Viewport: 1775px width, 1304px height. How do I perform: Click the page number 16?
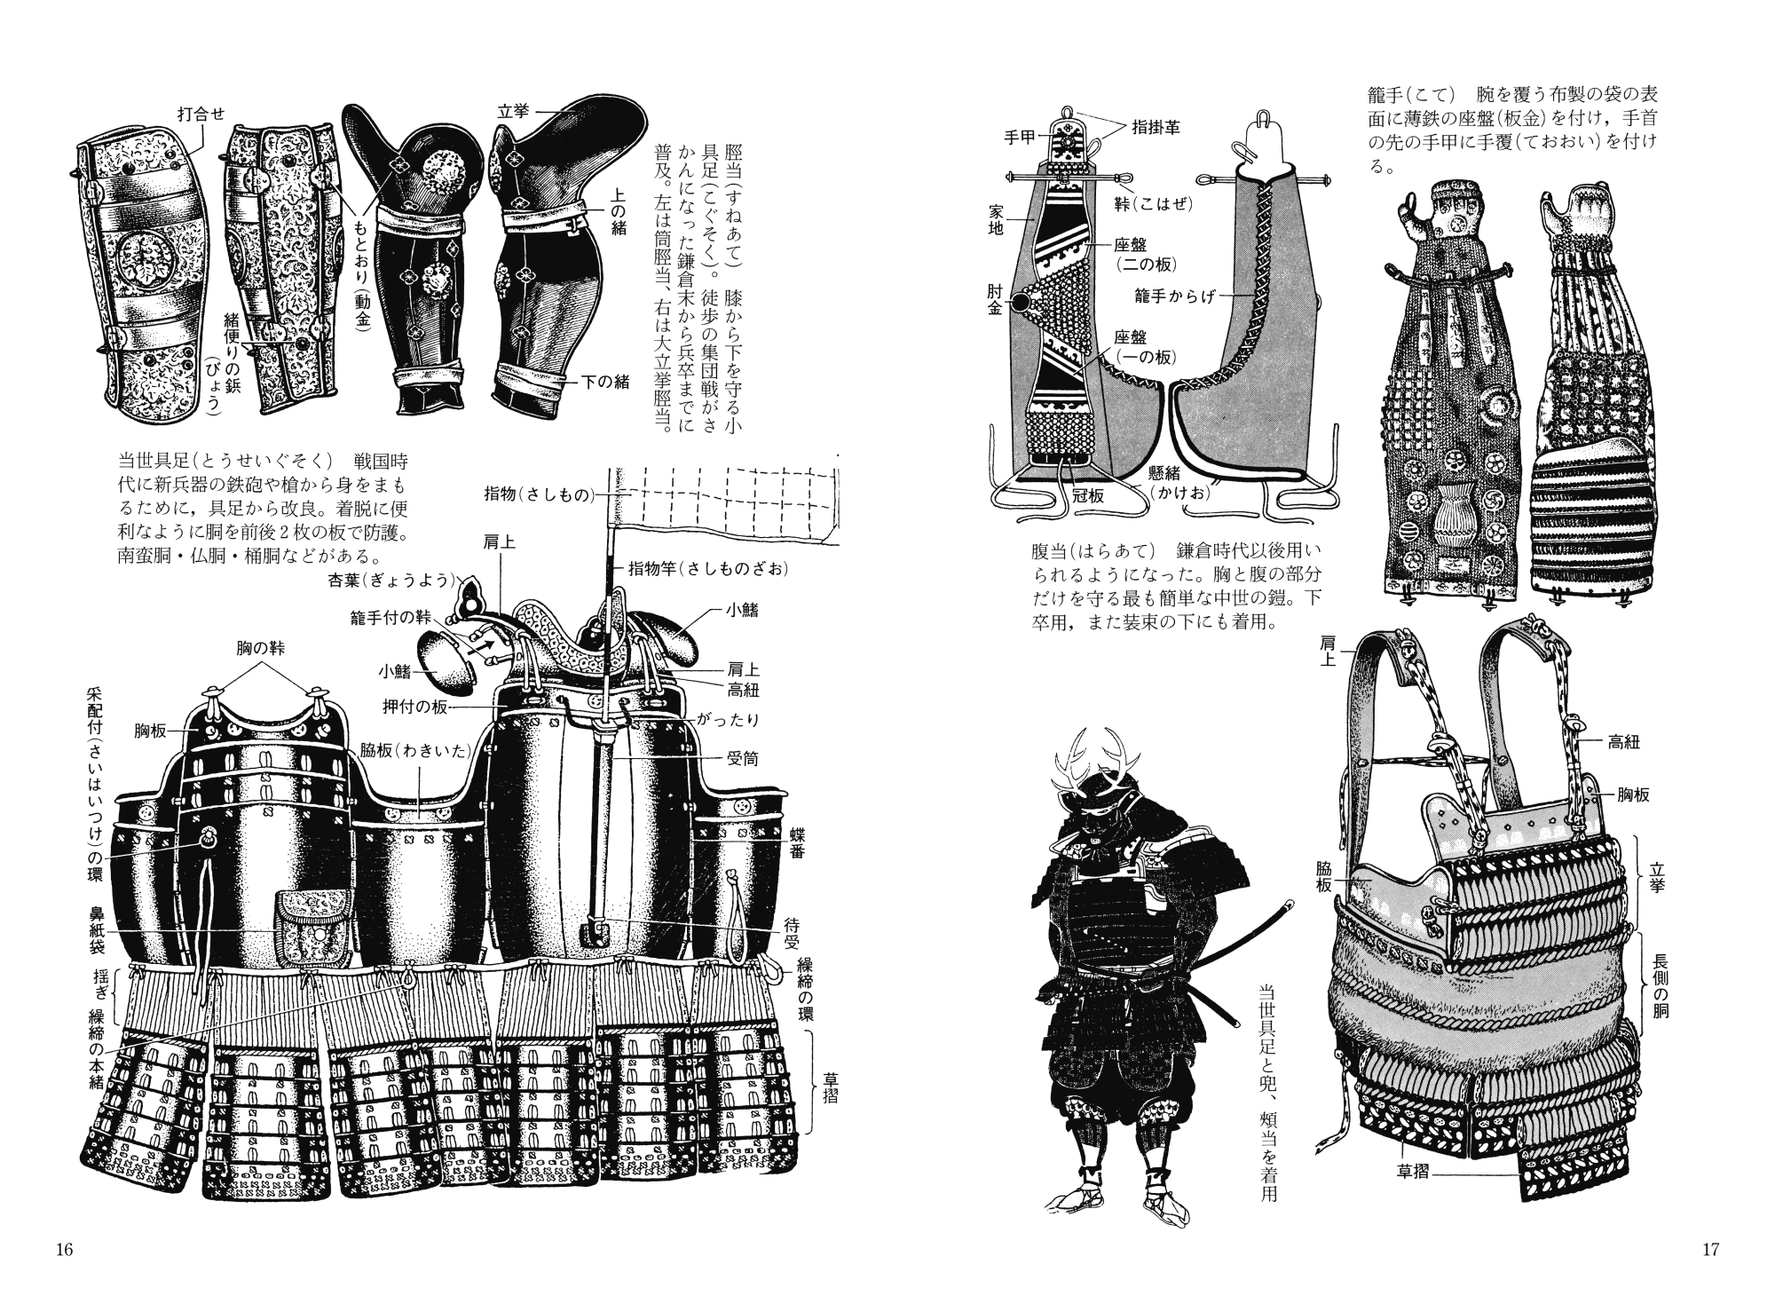tap(63, 1250)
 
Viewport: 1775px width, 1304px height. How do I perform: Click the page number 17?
tap(1711, 1250)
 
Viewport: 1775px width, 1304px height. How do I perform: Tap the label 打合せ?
tap(201, 114)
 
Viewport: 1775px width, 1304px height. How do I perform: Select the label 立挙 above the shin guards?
tap(513, 111)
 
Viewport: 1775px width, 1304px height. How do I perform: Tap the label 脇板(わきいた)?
tap(414, 749)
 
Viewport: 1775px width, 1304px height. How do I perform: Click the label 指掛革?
tap(1156, 128)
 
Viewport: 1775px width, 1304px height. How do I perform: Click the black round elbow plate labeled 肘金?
tap(1023, 303)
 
